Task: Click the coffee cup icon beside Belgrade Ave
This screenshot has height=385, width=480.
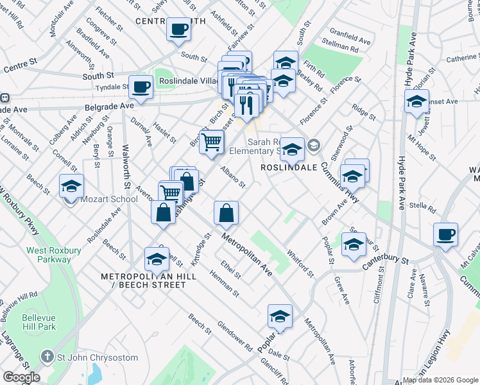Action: (x=141, y=86)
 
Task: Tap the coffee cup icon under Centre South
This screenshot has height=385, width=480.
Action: (x=178, y=28)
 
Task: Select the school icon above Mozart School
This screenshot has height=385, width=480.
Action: (x=71, y=186)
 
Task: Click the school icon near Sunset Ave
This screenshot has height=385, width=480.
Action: (x=416, y=101)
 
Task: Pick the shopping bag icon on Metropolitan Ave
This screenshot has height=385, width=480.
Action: (x=226, y=212)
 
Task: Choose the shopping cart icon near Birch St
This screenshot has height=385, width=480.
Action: (x=211, y=141)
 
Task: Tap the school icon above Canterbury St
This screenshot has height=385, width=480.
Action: (x=354, y=244)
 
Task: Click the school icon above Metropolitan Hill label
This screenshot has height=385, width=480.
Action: (x=157, y=259)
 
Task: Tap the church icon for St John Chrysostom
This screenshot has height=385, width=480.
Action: (x=47, y=356)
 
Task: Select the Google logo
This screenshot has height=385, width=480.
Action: (x=21, y=377)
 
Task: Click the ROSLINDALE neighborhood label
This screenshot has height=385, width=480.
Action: (x=289, y=167)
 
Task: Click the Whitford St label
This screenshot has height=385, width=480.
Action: (x=300, y=264)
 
